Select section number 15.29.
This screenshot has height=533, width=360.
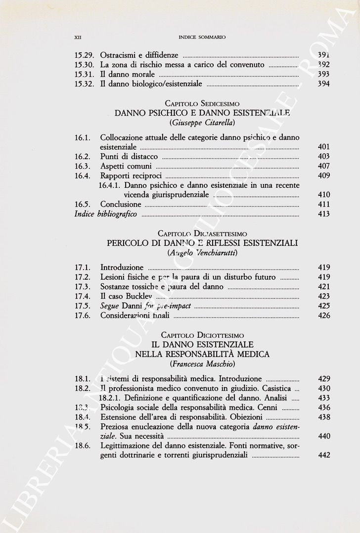(84, 55)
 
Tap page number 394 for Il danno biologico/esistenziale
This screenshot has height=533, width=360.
(324, 84)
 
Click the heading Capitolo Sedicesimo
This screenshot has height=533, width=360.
(202, 104)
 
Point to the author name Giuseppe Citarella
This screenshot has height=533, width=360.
(202, 123)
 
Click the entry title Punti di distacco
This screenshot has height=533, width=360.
(129, 156)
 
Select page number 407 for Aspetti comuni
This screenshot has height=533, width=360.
(324, 166)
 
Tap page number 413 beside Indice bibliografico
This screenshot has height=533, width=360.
(324, 214)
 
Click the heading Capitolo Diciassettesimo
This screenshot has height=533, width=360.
(202, 233)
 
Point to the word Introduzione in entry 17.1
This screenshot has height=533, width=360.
(122, 267)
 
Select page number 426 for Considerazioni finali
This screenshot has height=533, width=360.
(324, 315)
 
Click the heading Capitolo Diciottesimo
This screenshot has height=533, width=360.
(202, 335)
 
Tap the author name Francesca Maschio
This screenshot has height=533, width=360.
(202, 364)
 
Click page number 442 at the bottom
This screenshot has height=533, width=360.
(324, 455)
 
